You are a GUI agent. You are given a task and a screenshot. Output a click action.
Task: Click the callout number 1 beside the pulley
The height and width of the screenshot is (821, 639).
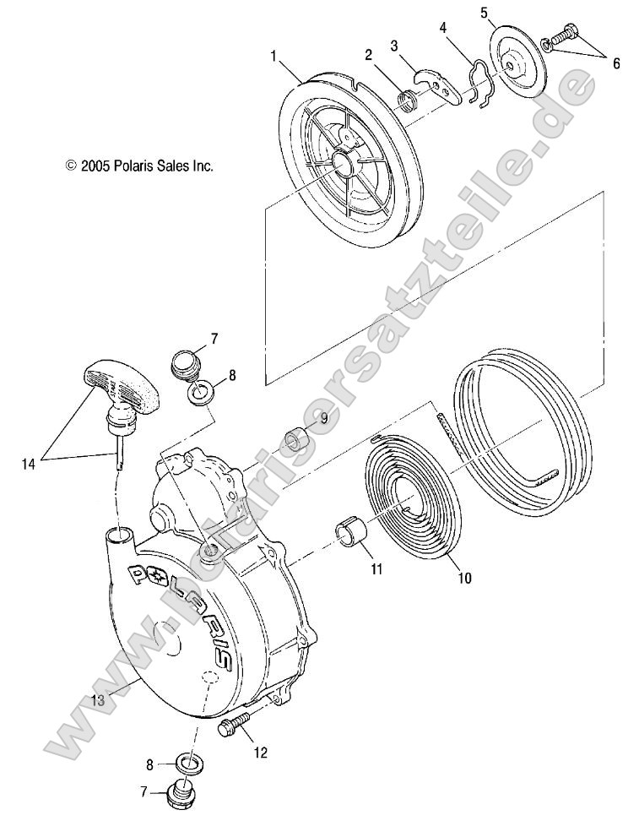click(273, 56)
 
